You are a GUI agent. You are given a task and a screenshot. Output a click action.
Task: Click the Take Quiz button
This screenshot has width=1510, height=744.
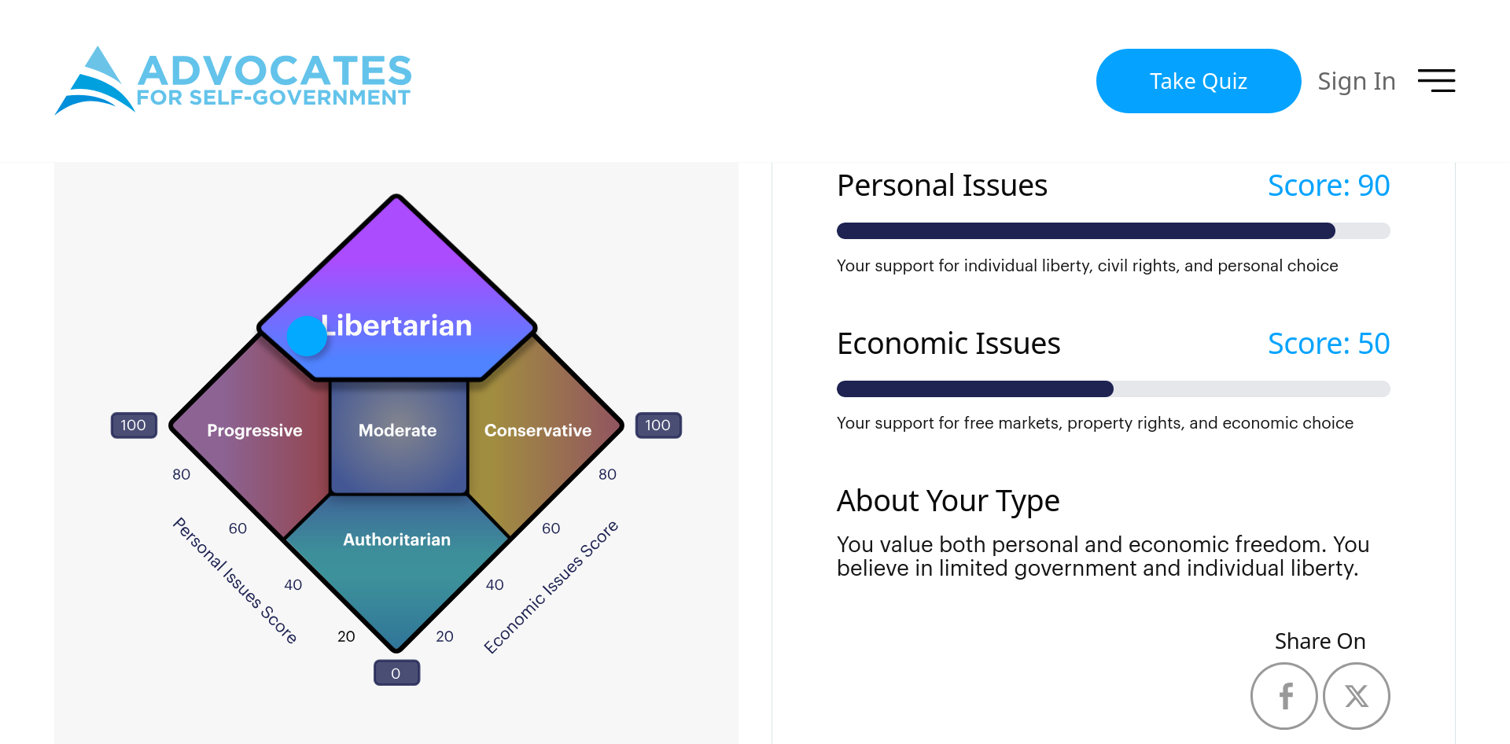coord(1198,81)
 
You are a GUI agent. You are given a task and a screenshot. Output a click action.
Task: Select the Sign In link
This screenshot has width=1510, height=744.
coord(1356,81)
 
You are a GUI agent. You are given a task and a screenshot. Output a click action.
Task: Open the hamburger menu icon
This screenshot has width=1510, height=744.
coord(1436,80)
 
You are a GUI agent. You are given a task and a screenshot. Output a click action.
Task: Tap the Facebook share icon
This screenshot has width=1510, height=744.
coord(1283,696)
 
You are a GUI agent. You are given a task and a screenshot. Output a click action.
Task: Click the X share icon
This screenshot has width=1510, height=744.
coord(1356,696)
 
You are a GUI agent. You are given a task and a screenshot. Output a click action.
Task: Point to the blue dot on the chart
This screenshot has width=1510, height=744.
coord(307,337)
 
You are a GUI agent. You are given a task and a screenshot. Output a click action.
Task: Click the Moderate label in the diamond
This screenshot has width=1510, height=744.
coord(397,430)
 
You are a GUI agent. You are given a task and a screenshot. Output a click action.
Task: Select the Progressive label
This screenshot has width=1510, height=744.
coord(254,430)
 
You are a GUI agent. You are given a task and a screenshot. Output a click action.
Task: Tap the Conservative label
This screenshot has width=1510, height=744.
coord(538,430)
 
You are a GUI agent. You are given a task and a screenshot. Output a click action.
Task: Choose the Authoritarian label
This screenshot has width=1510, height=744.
coord(396,540)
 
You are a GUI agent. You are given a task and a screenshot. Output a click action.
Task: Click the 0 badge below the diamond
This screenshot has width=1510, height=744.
coord(396,673)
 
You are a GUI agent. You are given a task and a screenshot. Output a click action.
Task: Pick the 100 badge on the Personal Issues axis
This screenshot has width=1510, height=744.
coord(134,425)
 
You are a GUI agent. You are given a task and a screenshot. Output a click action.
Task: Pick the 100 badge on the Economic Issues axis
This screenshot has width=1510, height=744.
coord(658,425)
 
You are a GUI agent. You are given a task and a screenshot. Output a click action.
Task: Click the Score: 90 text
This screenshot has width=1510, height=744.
coord(1328,186)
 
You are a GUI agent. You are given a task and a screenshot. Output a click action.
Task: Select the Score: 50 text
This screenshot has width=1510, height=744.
coord(1328,344)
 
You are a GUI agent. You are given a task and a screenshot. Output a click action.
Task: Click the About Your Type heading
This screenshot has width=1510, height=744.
coord(948,501)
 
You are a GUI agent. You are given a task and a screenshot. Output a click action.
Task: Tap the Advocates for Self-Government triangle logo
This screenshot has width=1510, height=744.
coord(94,81)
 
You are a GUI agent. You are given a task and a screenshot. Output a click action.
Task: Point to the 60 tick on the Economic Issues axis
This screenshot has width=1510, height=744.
coord(551,529)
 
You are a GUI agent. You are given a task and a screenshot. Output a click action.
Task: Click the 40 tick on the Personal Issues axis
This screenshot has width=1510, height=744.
coord(293,584)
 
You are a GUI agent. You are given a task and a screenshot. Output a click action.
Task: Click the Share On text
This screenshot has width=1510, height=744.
coord(1320,641)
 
